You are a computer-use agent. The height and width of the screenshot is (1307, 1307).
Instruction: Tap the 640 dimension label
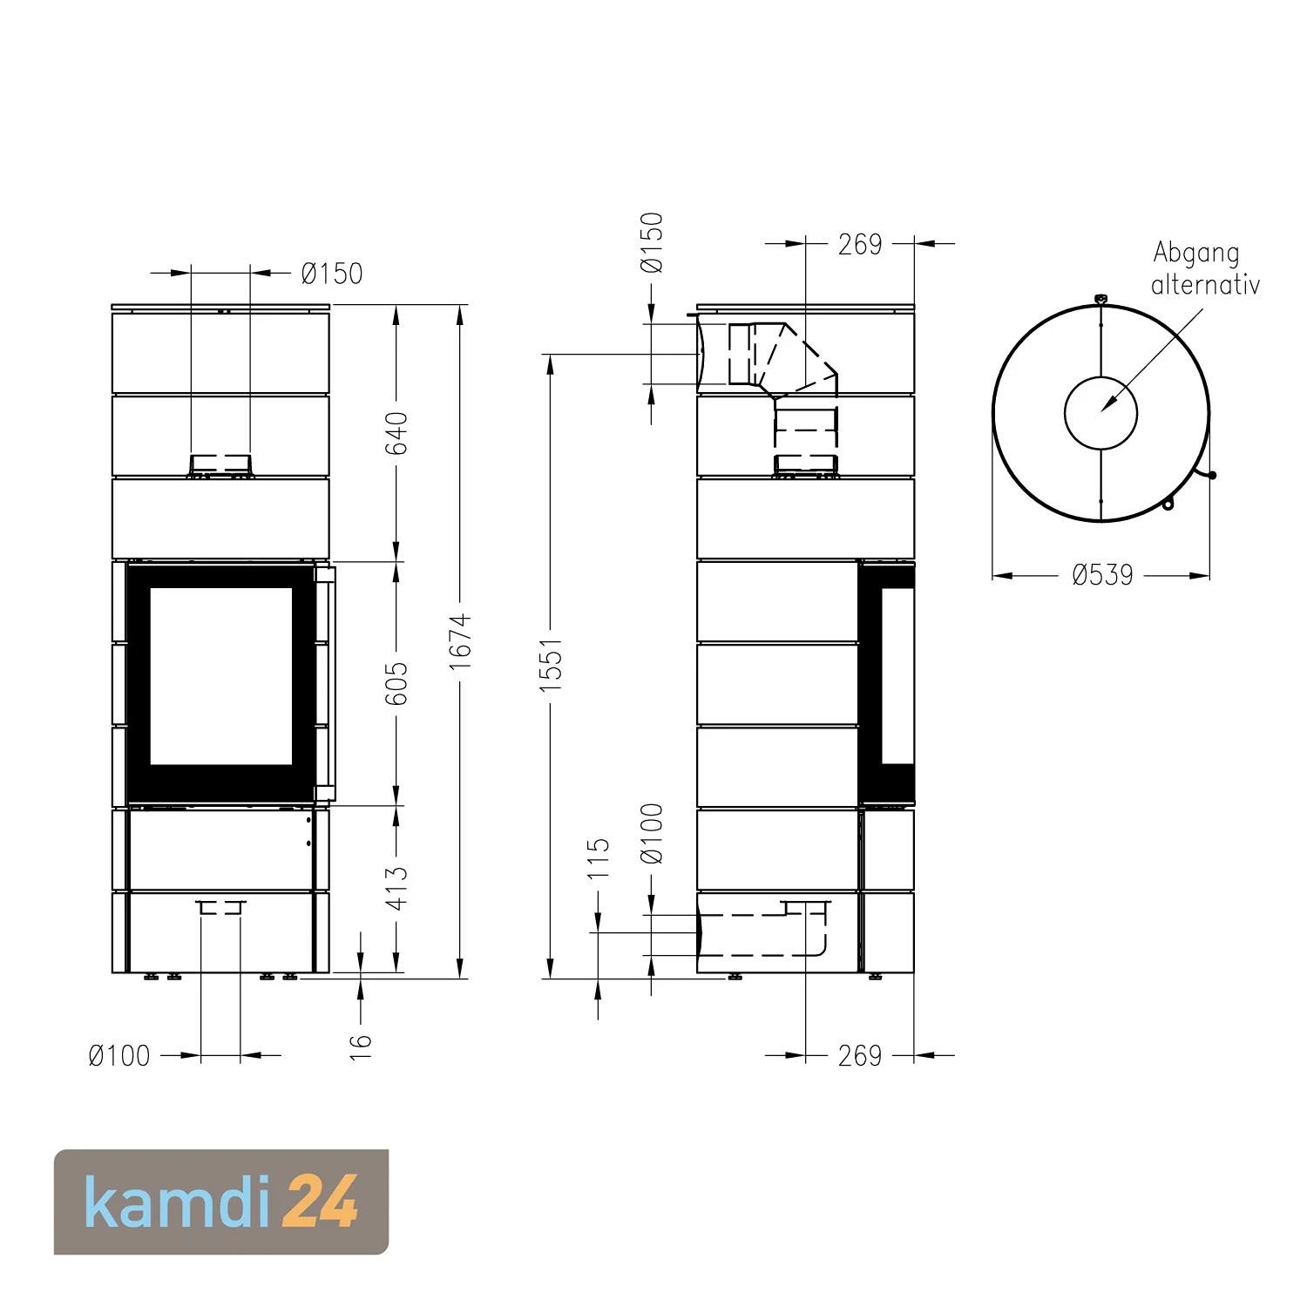(x=396, y=433)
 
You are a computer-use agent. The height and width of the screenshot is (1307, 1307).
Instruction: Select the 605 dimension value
(x=396, y=683)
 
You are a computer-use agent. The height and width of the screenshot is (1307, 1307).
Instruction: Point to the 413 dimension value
(x=396, y=888)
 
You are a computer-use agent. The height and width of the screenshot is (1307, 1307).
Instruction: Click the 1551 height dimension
(x=551, y=666)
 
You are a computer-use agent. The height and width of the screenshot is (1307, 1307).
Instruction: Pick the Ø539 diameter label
(x=1102, y=575)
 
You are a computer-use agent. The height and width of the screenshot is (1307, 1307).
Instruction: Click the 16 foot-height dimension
(x=360, y=1046)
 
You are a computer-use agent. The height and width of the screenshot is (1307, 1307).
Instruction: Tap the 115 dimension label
(x=599, y=858)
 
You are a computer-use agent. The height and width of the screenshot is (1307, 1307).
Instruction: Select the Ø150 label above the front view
(x=331, y=274)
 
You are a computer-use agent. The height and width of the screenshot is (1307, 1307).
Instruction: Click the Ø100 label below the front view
(x=119, y=1056)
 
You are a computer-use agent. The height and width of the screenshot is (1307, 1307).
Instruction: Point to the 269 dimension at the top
(x=860, y=245)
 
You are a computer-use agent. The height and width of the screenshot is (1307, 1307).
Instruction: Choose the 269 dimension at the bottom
(x=860, y=1056)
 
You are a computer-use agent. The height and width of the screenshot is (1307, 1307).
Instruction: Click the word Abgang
(x=1195, y=254)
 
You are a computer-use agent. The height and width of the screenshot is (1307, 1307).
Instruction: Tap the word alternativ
(x=1205, y=285)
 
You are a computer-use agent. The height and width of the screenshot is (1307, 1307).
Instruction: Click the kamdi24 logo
(x=221, y=1202)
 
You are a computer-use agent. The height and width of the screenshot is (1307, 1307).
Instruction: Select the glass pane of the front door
(x=220, y=676)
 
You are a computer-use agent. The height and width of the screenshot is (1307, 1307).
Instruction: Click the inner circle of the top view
(x=1100, y=413)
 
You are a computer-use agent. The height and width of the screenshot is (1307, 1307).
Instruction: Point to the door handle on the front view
(x=325, y=683)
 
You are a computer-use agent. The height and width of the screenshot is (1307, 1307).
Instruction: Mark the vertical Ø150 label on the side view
(x=653, y=242)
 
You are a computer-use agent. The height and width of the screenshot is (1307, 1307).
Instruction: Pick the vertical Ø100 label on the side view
(x=653, y=834)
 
